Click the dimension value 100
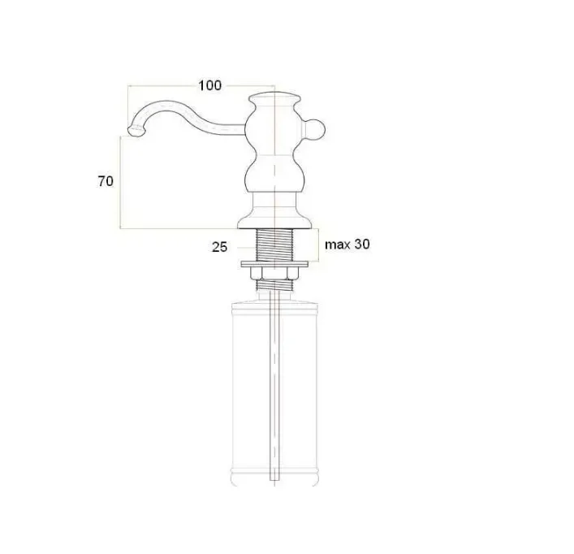point(209,85)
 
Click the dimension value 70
point(106,181)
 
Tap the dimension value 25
point(220,247)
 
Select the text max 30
point(347,245)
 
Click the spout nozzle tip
point(134,131)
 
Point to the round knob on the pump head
point(313,130)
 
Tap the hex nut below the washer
point(274,274)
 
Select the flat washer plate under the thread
point(274,264)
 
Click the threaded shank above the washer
point(274,245)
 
